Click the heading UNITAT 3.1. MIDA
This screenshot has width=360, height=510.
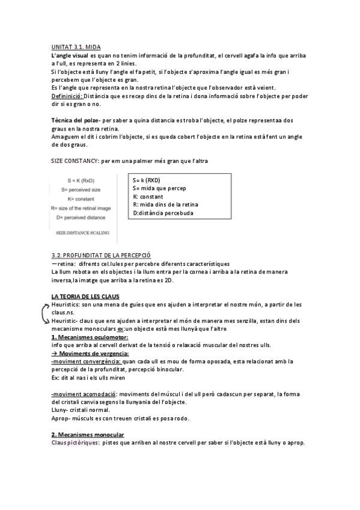point(76,46)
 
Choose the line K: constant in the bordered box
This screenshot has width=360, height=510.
point(148,197)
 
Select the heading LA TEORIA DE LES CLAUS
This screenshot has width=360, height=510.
point(85,296)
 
